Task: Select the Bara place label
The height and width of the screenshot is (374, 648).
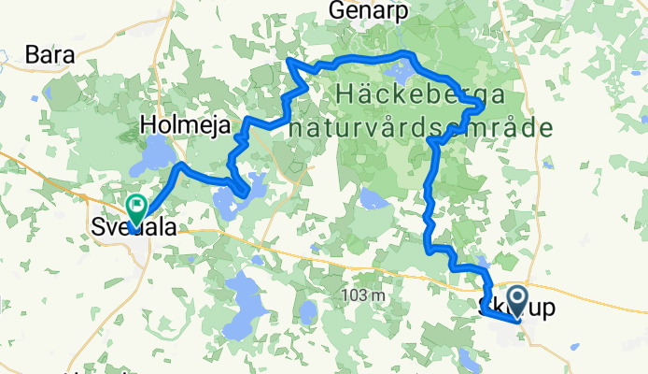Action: coord(51,54)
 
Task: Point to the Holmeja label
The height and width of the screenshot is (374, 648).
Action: coord(184,122)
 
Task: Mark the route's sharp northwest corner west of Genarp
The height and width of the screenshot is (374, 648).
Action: coord(289,63)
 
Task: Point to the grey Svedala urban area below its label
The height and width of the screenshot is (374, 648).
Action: coord(140,245)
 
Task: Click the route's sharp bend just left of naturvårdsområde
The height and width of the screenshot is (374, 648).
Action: coord(432,140)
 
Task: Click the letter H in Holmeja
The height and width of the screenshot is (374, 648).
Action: coord(148,122)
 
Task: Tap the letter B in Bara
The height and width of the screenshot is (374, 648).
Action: coord(34,54)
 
